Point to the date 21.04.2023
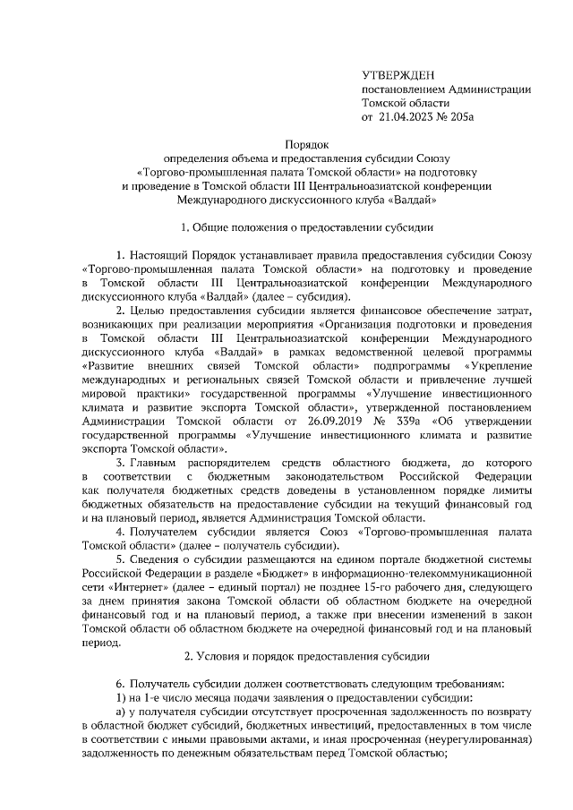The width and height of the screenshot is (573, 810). coord(406,116)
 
